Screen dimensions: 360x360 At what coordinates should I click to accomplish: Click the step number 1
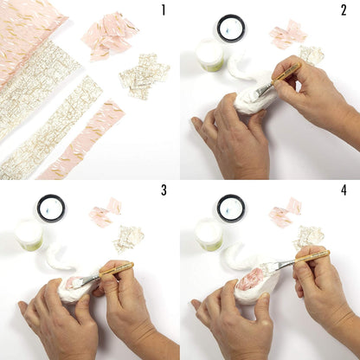tap(164, 10)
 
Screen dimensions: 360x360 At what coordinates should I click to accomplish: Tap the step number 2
tap(344, 10)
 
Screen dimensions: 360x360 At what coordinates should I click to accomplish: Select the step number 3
tap(164, 190)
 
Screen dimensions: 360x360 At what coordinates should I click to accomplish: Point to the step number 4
tap(344, 190)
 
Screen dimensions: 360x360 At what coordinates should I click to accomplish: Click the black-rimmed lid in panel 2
tap(231, 29)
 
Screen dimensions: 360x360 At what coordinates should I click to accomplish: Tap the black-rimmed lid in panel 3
tap(51, 209)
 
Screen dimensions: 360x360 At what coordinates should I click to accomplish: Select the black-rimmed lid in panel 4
tap(231, 209)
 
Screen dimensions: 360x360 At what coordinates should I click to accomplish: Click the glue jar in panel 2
tap(209, 55)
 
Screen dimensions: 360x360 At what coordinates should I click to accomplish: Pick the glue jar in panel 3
tap(29, 235)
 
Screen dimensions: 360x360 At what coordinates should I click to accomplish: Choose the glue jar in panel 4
tap(209, 235)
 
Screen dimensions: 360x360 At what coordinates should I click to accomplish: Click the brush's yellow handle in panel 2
tap(286, 72)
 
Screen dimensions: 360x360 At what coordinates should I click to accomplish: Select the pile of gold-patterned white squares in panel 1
tap(144, 76)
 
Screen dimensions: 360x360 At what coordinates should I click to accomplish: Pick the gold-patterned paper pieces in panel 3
tap(129, 239)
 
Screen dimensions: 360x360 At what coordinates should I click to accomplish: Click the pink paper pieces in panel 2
tap(287, 34)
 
